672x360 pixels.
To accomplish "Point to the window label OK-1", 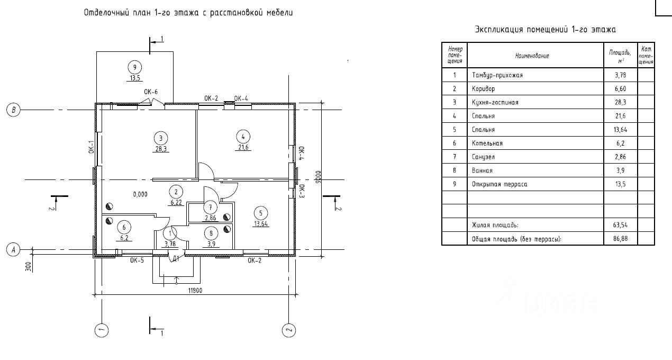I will pos(91,147).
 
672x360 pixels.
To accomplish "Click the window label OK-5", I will pos(137,260).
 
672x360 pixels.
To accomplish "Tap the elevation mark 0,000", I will pos(141,194).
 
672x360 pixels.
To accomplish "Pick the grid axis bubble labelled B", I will pos(12,110).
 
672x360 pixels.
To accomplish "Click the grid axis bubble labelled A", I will pos(12,249).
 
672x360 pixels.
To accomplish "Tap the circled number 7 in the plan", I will pos(211,207).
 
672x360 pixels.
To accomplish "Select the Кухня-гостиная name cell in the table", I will pos(495,102).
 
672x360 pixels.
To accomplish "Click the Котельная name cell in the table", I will pos(487,143).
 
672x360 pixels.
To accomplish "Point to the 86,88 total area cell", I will pos(620,239).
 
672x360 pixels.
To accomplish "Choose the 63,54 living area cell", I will pos(620,226).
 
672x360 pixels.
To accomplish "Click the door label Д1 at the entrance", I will pos(176,259).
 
